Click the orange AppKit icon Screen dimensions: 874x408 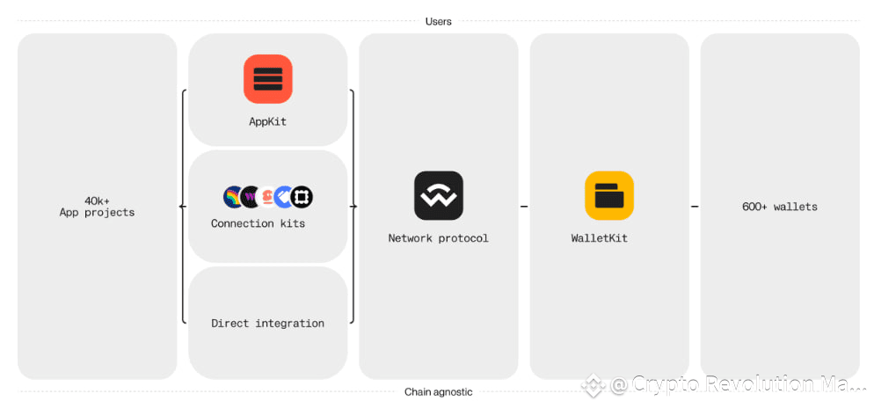tap(267, 78)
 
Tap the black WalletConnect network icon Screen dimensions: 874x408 tap(439, 195)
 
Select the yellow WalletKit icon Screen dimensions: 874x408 tap(609, 195)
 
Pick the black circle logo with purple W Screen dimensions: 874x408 tap(251, 197)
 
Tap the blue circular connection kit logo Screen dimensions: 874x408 tap(284, 197)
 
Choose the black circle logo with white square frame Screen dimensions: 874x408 tap(302, 197)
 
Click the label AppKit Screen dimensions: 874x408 tap(267, 121)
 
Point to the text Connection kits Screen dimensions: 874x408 tap(259, 223)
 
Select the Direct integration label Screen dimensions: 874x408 tap(267, 324)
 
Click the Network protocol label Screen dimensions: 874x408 tap(439, 238)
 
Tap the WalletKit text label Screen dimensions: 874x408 tap(599, 238)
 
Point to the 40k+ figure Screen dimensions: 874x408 tap(97, 200)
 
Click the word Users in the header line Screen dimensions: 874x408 tap(438, 22)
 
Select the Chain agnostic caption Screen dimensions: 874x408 tap(439, 392)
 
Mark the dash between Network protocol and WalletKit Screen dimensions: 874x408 tap(524, 207)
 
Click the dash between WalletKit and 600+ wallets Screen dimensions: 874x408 tap(695, 207)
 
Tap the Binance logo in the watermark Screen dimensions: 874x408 tap(593, 385)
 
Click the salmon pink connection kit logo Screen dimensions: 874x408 tap(267, 197)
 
